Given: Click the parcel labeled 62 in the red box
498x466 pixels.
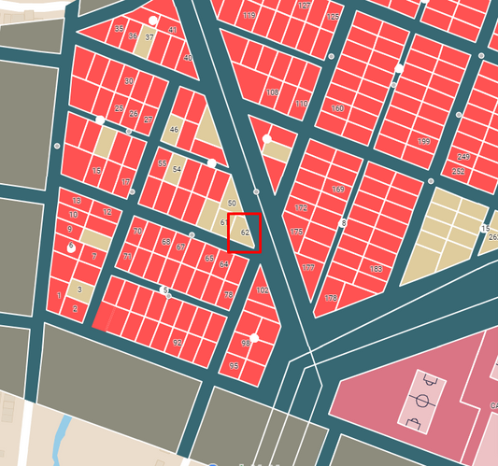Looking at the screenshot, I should tap(245, 233).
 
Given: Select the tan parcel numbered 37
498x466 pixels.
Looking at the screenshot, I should tap(149, 38).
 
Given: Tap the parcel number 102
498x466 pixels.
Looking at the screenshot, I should tap(263, 291).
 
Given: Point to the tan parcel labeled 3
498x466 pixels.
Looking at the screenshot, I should tap(79, 289).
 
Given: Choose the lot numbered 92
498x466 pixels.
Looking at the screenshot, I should tap(178, 343).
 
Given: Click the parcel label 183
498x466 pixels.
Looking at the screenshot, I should tap(376, 269).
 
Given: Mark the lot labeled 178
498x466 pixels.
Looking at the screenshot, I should tap(331, 298).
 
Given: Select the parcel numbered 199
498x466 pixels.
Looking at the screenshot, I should tap(423, 141).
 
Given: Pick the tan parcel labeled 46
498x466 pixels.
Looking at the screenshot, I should tap(174, 130).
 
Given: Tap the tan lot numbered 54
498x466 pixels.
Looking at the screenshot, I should tap(178, 169).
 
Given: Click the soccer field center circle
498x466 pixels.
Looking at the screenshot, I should tap(422, 401).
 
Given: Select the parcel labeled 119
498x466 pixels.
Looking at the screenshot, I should tap(249, 16).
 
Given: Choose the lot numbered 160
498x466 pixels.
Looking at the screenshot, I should tap(337, 109).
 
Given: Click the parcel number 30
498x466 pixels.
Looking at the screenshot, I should tap(129, 81).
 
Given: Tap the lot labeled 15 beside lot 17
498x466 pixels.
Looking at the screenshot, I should tap(97, 171).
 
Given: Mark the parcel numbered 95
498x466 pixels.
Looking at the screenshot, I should tap(234, 366).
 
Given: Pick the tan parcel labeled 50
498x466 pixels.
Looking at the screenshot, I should tap(232, 203).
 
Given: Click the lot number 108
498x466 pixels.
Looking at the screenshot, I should tap(272, 92).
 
